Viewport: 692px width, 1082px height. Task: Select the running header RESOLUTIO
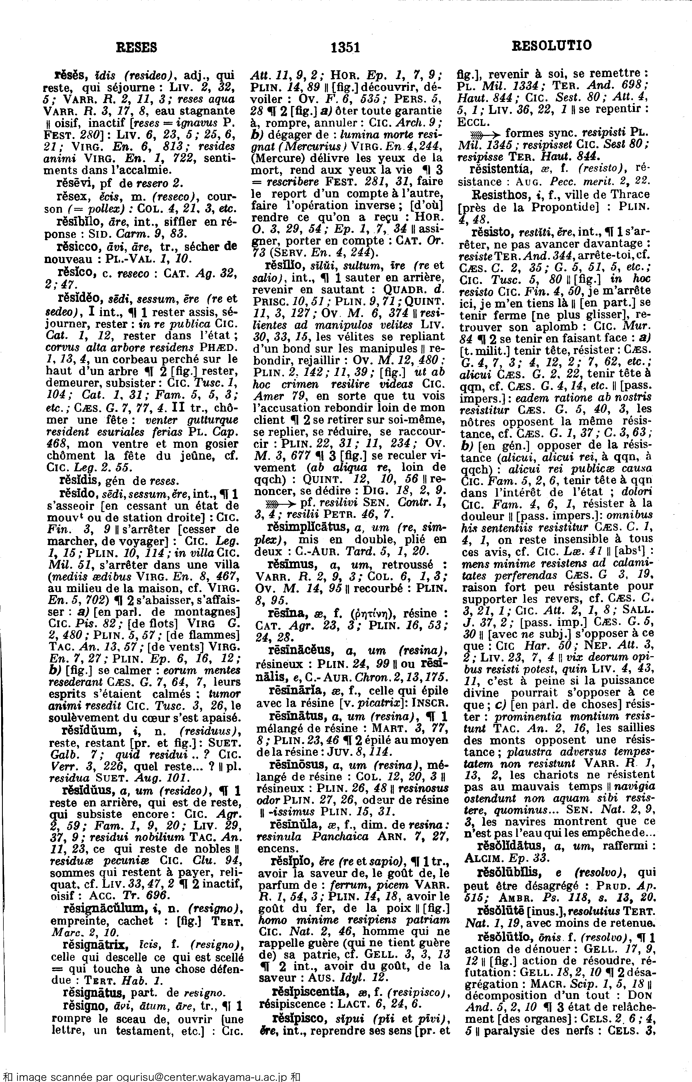(x=552, y=45)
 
